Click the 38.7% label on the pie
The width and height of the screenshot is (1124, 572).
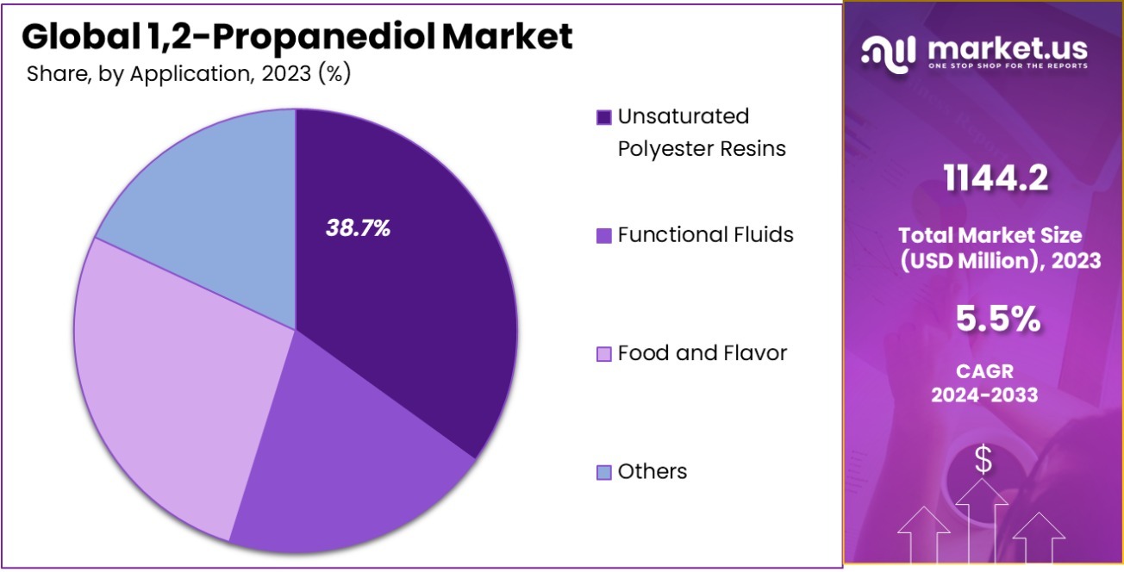(358, 228)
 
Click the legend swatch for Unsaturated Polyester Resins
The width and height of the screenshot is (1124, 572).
(604, 117)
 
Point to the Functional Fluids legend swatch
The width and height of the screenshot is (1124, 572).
(604, 235)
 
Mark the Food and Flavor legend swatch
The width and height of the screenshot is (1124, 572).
(604, 353)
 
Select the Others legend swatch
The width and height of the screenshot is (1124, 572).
(604, 472)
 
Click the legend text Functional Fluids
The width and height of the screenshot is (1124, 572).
(705, 234)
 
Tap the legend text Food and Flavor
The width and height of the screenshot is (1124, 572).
(702, 353)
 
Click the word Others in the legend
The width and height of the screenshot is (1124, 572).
(653, 471)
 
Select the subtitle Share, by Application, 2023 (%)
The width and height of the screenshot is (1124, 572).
(188, 74)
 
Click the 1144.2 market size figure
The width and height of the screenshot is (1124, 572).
(996, 179)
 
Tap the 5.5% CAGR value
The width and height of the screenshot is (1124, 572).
(997, 320)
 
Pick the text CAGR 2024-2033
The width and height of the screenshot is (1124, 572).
(983, 383)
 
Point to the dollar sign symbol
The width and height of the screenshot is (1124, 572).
(983, 460)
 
